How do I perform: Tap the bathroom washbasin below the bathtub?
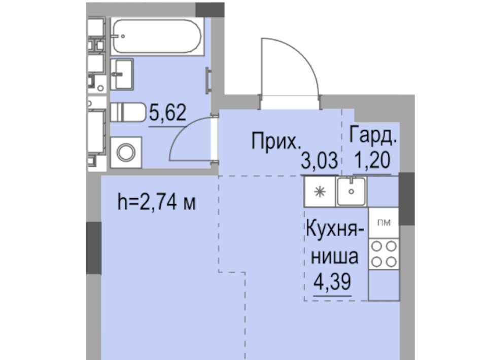click(x=122, y=75)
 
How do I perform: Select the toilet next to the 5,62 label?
click(x=128, y=113)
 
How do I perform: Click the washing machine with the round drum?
click(x=126, y=153)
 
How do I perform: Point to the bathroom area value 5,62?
click(x=168, y=113)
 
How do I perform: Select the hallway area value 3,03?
click(x=319, y=161)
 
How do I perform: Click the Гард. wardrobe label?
click(x=373, y=135)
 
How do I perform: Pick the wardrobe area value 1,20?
click(x=372, y=160)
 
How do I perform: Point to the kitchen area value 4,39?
click(x=332, y=282)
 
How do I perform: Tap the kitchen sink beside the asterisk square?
click(x=351, y=191)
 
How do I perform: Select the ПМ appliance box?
click(x=384, y=223)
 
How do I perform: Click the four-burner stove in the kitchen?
click(x=384, y=254)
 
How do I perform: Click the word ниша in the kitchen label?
click(x=335, y=257)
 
